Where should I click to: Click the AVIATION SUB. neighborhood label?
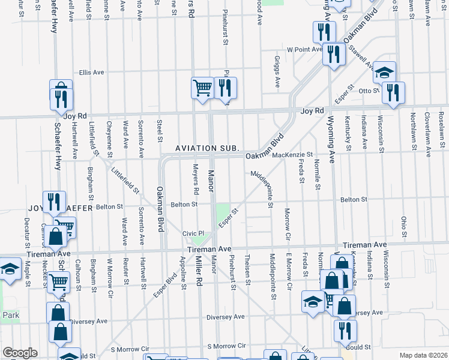[x=207, y=148]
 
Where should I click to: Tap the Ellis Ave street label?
[x=92, y=73]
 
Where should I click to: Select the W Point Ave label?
[x=304, y=49]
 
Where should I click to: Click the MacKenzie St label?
[x=293, y=155]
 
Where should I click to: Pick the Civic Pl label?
[x=194, y=233]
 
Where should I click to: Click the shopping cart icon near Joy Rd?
[x=202, y=88]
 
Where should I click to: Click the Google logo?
[x=20, y=353]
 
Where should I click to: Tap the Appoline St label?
[x=182, y=272]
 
